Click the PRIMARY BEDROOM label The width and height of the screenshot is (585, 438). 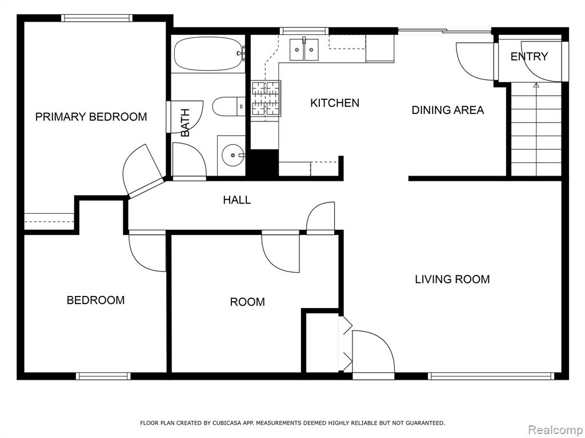tap(91, 117)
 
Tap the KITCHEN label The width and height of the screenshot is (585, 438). tap(335, 103)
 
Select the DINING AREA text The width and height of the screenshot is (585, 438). tap(448, 110)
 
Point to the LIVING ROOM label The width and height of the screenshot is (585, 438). tap(452, 279)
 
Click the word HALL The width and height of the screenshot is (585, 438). tap(237, 200)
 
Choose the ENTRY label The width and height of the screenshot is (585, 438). tap(529, 56)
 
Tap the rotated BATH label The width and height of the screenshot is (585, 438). tap(185, 123)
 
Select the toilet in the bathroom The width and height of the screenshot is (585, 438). tap(229, 106)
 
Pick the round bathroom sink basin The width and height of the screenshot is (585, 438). tap(233, 155)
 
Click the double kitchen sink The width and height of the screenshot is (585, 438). tap(304, 49)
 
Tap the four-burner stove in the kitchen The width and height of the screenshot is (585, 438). tap(266, 98)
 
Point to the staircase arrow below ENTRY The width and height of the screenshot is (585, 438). tap(536, 129)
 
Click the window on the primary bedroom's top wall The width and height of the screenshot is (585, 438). tap(97, 18)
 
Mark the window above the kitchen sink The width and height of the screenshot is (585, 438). tap(304, 31)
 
